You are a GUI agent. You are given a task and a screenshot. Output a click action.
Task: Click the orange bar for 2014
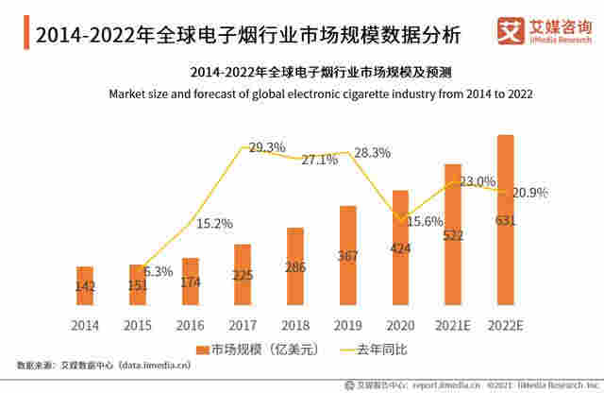(85, 286)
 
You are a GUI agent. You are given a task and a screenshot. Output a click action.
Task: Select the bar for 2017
(243, 275)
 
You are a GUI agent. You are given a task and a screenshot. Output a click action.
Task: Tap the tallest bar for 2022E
(505, 220)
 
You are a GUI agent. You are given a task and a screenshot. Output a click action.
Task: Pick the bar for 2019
(347, 255)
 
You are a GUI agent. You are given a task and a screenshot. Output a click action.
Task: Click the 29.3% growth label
(267, 147)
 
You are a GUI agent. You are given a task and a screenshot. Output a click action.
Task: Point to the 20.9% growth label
(529, 193)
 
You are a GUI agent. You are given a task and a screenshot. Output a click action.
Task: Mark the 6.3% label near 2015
(159, 271)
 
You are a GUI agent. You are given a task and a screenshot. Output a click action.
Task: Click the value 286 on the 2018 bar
(295, 267)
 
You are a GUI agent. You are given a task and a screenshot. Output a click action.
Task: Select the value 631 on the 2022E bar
(505, 222)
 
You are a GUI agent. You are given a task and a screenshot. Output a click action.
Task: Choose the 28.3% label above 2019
(372, 152)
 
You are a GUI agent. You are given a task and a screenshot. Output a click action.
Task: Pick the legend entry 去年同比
(373, 350)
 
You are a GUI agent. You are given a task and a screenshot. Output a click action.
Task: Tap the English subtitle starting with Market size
(322, 94)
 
